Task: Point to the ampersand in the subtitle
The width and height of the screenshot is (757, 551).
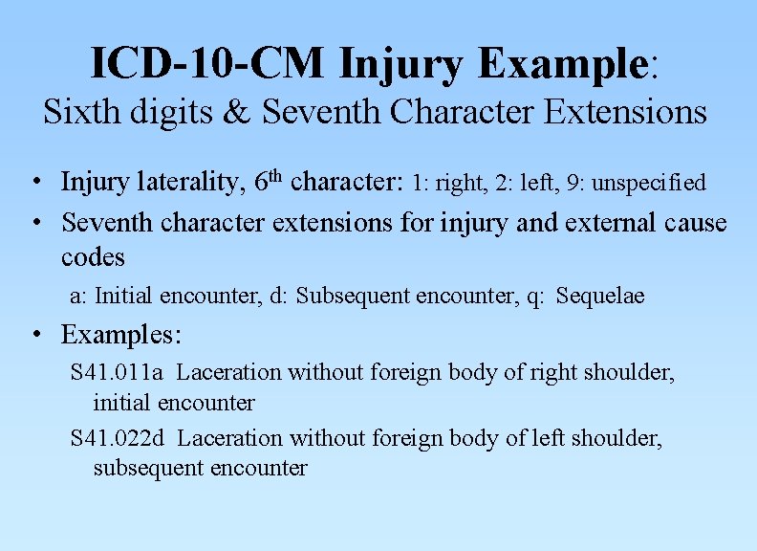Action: [244, 112]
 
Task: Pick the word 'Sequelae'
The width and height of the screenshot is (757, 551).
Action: [600, 296]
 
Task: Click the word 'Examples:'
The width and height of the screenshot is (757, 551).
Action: [121, 335]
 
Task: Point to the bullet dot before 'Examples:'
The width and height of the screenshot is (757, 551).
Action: [34, 336]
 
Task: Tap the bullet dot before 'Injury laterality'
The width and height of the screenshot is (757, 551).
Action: [34, 182]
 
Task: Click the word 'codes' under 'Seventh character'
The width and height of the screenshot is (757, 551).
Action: [93, 258]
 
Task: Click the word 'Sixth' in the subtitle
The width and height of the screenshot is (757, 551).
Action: [76, 112]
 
